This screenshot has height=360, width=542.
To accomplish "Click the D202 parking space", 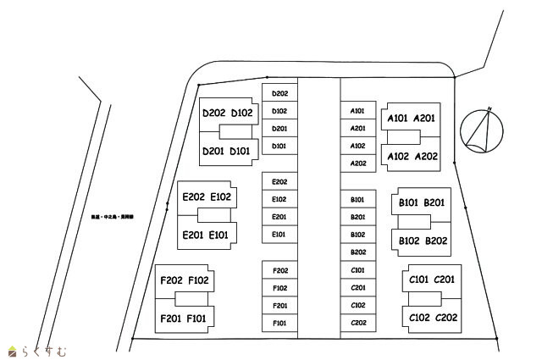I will click(x=280, y=93).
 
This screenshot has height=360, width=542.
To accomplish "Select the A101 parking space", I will click(x=357, y=111).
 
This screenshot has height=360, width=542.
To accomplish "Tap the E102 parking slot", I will click(x=280, y=199).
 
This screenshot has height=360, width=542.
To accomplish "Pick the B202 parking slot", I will click(x=357, y=252).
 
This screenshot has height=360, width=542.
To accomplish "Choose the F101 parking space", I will click(x=280, y=323).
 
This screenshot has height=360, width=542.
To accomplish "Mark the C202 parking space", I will click(x=357, y=323).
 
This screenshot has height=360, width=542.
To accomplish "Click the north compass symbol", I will click(x=483, y=131).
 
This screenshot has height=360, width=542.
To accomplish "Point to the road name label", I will click(x=109, y=217).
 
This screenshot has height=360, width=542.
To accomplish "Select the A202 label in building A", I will click(x=425, y=156).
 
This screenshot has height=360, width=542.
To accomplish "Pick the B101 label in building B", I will click(x=411, y=202).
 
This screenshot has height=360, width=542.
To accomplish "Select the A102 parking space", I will click(x=357, y=146).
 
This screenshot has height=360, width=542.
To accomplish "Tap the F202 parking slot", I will click(x=280, y=270).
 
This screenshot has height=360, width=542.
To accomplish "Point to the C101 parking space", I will click(x=357, y=270).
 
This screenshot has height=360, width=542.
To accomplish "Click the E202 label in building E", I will click(x=193, y=197).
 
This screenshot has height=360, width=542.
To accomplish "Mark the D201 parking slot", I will click(x=280, y=129).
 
